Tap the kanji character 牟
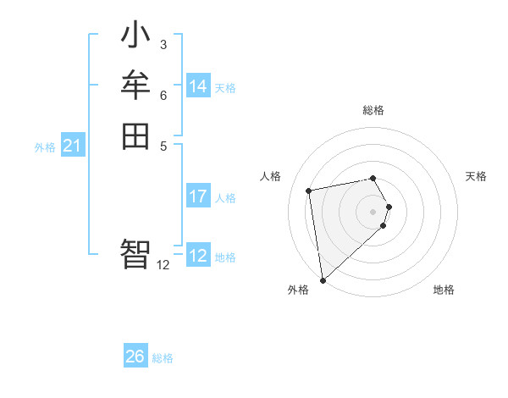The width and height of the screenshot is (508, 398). (135, 86)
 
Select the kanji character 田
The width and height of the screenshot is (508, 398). (135, 135)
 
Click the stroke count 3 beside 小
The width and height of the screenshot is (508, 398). (163, 44)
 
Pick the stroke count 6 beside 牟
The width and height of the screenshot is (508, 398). (163, 95)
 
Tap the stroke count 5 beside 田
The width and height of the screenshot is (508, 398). (163, 145)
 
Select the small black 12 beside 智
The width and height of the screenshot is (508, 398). (163, 264)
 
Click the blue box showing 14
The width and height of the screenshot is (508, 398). (198, 86)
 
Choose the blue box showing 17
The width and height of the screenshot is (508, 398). (198, 196)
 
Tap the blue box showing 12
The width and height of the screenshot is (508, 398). (198, 256)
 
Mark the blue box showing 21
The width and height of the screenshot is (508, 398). (72, 146)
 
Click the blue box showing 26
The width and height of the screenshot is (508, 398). (135, 357)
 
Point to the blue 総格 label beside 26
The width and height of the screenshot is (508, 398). (163, 358)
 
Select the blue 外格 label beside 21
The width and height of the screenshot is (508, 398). (45, 147)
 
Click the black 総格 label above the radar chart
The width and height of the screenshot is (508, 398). (373, 110)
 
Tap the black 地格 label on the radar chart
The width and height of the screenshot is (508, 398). (444, 290)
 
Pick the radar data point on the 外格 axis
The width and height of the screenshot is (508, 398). (323, 280)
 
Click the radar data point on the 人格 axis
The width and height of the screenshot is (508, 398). (309, 191)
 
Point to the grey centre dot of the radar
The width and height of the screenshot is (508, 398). (373, 211)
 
